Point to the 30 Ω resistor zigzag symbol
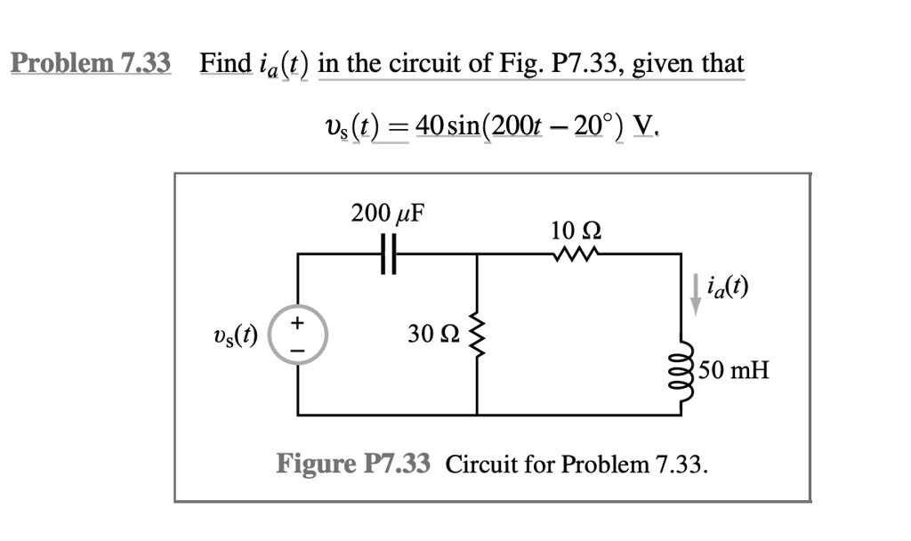pos(477,333)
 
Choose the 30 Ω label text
pos(434,334)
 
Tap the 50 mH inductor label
pos(733,367)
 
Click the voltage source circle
pos(298,335)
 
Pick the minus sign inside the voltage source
pos(299,350)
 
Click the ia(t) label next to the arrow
pos(727,287)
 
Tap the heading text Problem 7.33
pos(91,63)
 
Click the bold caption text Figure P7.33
pos(353,464)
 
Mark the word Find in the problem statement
pos(225,63)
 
